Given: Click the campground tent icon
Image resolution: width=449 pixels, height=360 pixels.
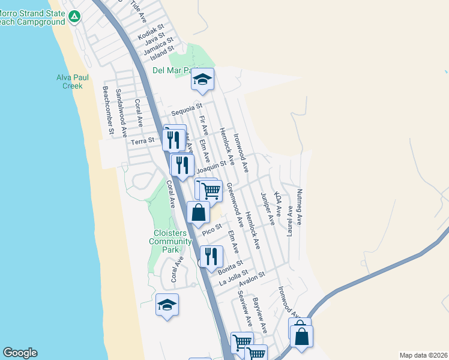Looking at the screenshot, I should [x=74, y=17].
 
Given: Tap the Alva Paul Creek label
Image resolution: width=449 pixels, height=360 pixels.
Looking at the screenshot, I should [x=73, y=82].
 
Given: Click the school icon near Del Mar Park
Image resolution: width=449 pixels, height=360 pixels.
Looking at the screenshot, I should [x=203, y=79].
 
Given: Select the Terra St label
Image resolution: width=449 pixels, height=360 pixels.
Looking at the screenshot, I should [x=143, y=142].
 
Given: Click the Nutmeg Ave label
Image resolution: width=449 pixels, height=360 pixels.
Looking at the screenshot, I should [x=300, y=207].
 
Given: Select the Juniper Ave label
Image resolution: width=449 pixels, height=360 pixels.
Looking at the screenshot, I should [x=267, y=209].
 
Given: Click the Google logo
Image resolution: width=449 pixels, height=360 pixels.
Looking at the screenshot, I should [x=20, y=353].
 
